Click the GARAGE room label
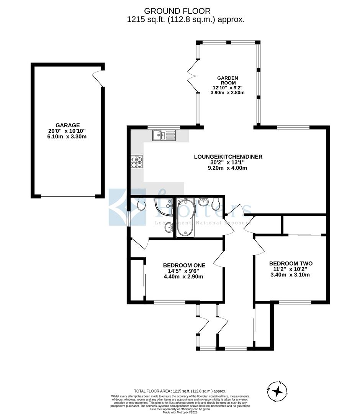(67, 125)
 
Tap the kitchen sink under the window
(164, 135)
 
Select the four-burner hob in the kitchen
(137, 161)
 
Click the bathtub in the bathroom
(185, 217)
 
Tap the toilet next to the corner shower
(141, 204)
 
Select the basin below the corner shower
(169, 228)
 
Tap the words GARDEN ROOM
(229, 80)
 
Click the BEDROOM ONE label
(184, 265)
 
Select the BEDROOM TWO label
(291, 263)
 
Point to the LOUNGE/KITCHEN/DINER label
(228, 156)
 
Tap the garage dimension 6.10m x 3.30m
(67, 136)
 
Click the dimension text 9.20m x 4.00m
(228, 168)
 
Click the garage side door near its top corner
(98, 79)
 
